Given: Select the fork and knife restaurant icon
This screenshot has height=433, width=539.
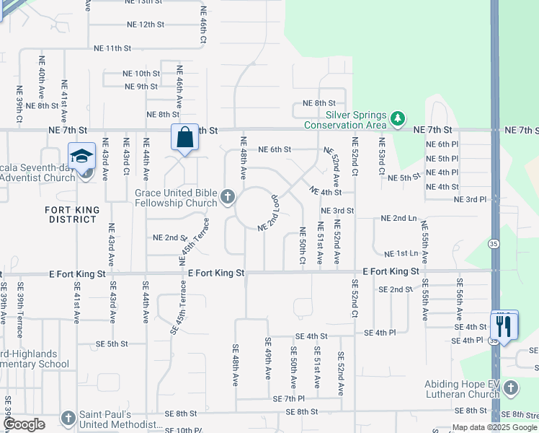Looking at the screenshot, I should (504, 325).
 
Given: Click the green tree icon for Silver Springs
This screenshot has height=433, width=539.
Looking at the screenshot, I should (397, 118).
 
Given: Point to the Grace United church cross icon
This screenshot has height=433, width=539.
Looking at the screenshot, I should (228, 196).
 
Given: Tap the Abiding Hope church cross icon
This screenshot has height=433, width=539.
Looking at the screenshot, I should (510, 389).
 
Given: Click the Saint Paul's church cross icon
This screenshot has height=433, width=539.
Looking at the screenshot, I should (68, 418).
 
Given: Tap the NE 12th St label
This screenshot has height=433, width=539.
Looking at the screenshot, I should (144, 25).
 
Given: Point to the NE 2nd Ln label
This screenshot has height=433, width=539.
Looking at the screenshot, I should (398, 218).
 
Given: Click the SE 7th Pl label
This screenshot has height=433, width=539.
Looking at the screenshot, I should (289, 398).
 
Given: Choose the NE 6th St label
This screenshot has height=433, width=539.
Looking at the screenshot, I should (275, 149).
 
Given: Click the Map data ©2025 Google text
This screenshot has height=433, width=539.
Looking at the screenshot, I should (494, 427).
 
